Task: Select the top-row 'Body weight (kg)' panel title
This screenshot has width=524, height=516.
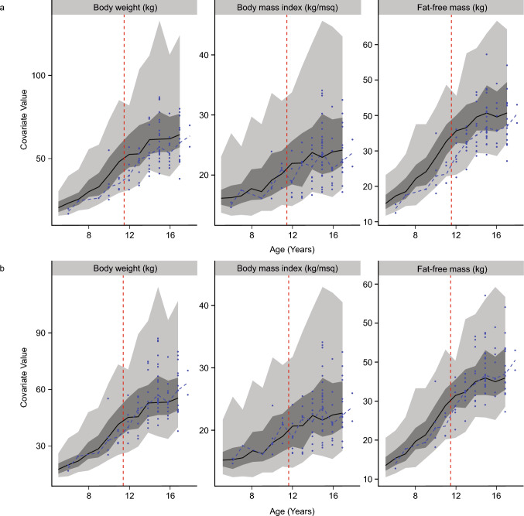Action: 122,8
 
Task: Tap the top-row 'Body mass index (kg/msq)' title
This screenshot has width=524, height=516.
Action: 286,8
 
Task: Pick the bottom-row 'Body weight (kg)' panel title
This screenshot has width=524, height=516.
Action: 122,268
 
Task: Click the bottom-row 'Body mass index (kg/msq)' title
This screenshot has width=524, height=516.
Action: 286,268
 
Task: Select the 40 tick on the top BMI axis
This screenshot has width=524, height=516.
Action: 207,54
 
